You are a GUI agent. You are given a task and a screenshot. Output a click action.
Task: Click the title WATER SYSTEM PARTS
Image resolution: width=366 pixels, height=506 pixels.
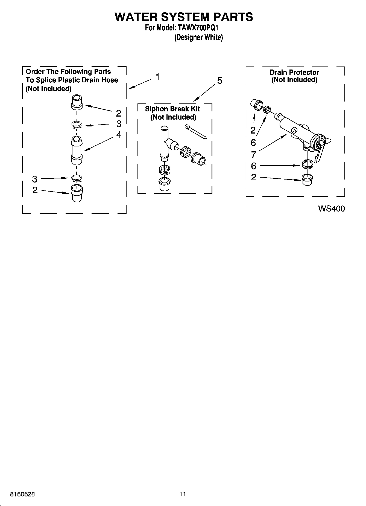pos(184,17)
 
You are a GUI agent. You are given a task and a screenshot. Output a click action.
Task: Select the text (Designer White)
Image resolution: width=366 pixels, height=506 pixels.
pos(198,37)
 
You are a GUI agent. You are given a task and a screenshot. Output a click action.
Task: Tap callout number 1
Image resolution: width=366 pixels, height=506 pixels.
pos(158,77)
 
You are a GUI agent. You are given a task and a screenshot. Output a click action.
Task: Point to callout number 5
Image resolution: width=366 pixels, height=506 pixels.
pos(220,81)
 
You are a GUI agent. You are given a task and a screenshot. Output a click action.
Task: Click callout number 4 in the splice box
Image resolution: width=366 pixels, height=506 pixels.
pos(119,135)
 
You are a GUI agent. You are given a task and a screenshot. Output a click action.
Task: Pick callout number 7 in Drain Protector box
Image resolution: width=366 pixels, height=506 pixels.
pos(253,155)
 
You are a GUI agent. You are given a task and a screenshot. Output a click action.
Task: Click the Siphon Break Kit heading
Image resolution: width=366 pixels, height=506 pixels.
pos(172,109)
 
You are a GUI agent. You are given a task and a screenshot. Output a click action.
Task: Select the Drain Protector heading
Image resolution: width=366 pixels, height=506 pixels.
pos(294,73)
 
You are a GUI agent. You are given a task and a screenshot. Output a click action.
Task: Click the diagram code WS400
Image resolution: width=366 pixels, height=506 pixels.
pos(331,209)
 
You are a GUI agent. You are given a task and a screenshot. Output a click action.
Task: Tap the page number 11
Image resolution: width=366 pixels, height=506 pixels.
pos(183,494)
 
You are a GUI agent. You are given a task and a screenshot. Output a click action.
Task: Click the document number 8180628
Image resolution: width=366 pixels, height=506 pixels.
pos(22,494)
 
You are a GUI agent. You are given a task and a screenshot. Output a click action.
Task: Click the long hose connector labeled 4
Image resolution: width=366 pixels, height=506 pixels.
pos(77,151)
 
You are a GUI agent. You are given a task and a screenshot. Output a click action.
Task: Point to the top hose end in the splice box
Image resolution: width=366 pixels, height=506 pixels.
pos(77,102)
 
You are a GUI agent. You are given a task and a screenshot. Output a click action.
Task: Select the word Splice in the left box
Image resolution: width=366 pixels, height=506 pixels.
pos(45,80)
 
